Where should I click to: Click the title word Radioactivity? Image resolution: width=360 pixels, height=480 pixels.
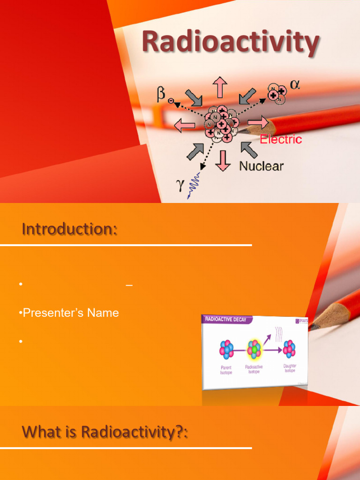pyautogui.click(x=230, y=42)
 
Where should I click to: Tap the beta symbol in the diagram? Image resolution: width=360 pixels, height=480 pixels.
pyautogui.click(x=161, y=96)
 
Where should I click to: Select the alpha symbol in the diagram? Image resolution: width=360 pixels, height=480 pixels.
pyautogui.click(x=295, y=85)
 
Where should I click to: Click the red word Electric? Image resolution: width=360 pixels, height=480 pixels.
pyautogui.click(x=281, y=139)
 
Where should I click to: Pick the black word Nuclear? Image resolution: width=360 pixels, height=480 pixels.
pyautogui.click(x=261, y=165)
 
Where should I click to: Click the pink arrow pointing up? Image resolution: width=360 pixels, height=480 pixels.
pyautogui.click(x=219, y=87)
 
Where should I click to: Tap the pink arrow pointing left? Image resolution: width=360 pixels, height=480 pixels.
pyautogui.click(x=185, y=125)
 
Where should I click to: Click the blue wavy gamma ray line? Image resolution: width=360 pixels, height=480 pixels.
pyautogui.click(x=194, y=186)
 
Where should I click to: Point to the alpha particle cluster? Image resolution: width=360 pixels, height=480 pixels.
pyautogui.click(x=277, y=93)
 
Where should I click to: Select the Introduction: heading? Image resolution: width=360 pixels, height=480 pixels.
pyautogui.click(x=69, y=230)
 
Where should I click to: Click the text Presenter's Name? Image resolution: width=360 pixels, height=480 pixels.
pyautogui.click(x=71, y=313)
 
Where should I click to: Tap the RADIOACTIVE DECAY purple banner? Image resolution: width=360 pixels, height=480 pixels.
pyautogui.click(x=227, y=320)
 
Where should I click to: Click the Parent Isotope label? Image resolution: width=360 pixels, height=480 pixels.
pyautogui.click(x=226, y=369)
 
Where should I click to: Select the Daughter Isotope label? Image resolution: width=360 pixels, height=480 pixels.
pyautogui.click(x=290, y=368)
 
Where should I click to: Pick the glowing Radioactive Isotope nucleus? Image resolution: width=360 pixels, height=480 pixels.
pyautogui.click(x=254, y=349)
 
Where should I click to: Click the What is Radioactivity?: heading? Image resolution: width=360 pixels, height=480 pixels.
pyautogui.click(x=105, y=432)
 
